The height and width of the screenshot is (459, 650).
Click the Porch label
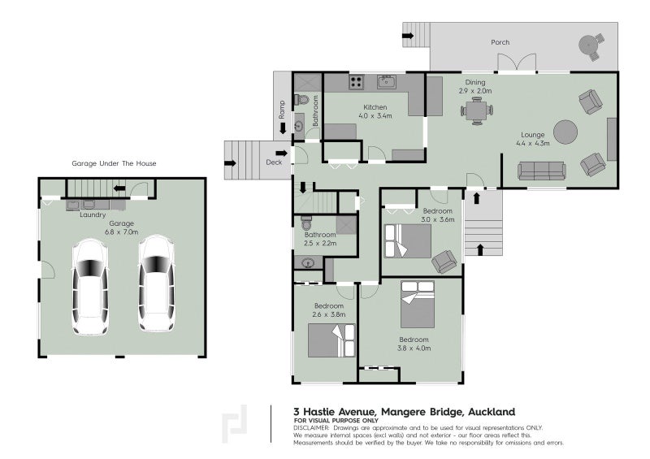500,42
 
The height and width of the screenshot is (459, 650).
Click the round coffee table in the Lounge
566,130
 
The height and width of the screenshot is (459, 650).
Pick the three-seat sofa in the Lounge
542,170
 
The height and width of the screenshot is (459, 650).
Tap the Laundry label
93,215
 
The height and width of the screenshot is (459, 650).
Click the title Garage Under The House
114,163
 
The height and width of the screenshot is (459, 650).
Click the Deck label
273,162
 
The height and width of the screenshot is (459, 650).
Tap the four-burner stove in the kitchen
356,81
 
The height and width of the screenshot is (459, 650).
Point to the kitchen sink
386,81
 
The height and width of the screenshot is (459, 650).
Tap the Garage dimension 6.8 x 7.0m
122,232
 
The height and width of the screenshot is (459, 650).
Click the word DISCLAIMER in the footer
311,427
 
